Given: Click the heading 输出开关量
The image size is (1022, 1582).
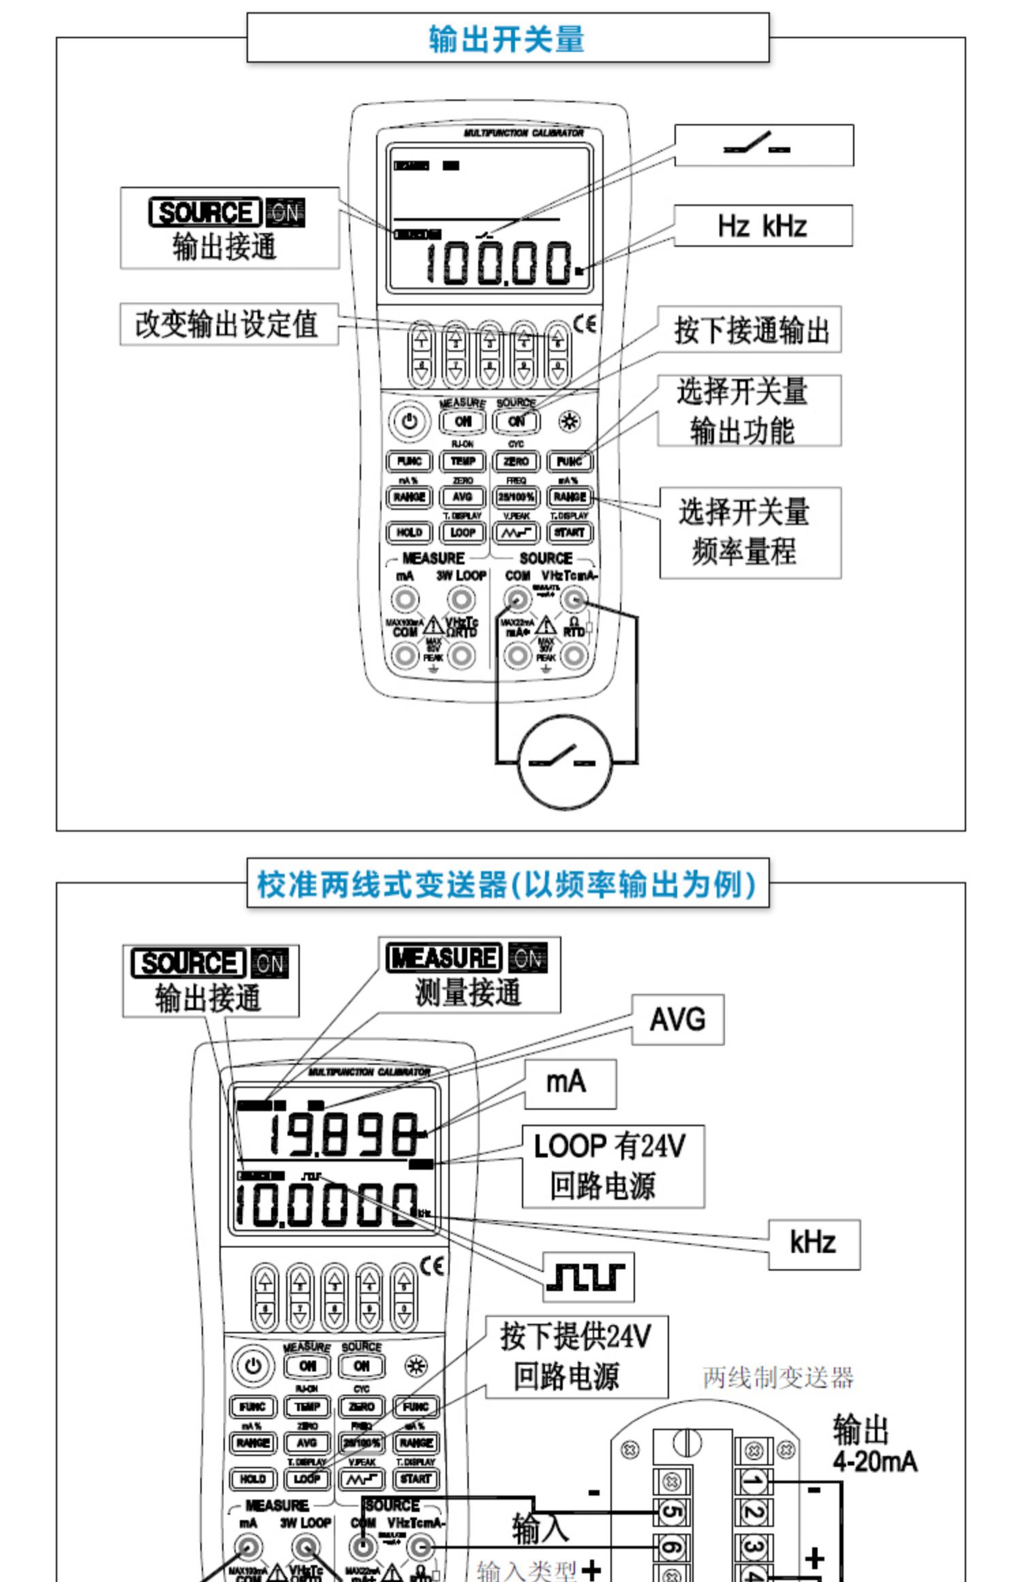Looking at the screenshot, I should point(507,38).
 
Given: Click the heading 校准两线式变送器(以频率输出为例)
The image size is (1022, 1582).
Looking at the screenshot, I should point(507,884).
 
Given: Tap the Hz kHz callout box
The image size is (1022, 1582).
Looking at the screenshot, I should point(762,226).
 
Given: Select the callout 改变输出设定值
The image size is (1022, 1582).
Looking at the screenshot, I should point(228,324).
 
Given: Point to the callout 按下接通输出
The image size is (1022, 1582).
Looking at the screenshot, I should point(749,330).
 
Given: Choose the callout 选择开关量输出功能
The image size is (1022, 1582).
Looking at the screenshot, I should point(748,411).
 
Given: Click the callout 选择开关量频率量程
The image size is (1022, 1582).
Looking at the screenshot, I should point(749,532).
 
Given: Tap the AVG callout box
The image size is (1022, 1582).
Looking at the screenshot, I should point(677,1020).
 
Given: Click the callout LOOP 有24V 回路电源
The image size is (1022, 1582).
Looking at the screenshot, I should point(612,1166).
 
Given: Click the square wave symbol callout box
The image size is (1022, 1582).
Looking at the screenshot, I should point(589,1276).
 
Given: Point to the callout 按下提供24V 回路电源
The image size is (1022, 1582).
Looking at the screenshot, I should point(576,1356).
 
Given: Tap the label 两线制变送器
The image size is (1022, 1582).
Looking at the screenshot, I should point(778,1378).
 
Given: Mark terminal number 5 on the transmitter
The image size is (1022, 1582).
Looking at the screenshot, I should point(671,1513).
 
